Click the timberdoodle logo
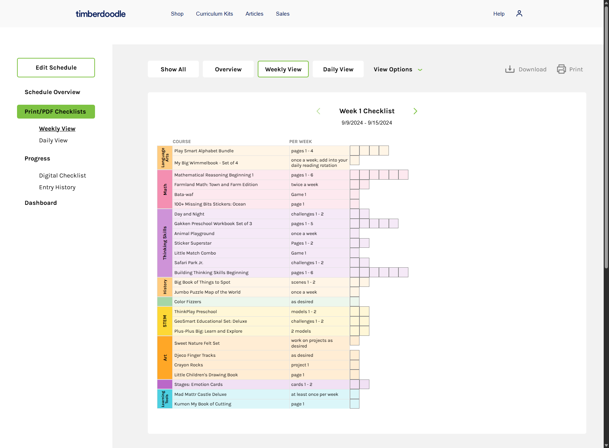(101, 14)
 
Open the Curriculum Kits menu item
(214, 14)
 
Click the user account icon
(519, 13)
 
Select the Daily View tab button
(338, 69)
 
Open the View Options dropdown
(398, 69)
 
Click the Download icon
(510, 69)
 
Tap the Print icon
(561, 69)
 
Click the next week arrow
(415, 111)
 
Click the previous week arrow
(318, 111)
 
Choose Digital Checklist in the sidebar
(62, 175)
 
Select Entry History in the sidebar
(57, 187)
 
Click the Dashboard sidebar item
(41, 203)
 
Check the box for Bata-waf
(354, 194)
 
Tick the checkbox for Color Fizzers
(354, 302)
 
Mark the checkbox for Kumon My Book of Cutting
(354, 404)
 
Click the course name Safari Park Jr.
(189, 263)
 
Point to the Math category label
(165, 189)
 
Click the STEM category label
(165, 321)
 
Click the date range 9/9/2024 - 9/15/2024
(367, 123)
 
